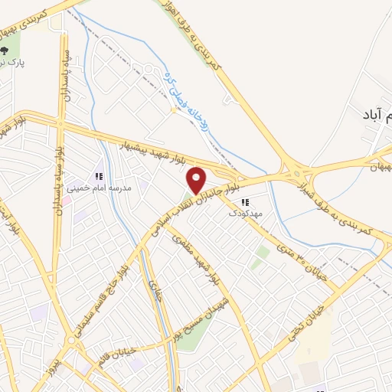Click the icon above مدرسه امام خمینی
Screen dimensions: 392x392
pos(98,177)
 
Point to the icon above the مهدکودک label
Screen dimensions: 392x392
pos(245,203)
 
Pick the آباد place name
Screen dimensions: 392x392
pos(377,115)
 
